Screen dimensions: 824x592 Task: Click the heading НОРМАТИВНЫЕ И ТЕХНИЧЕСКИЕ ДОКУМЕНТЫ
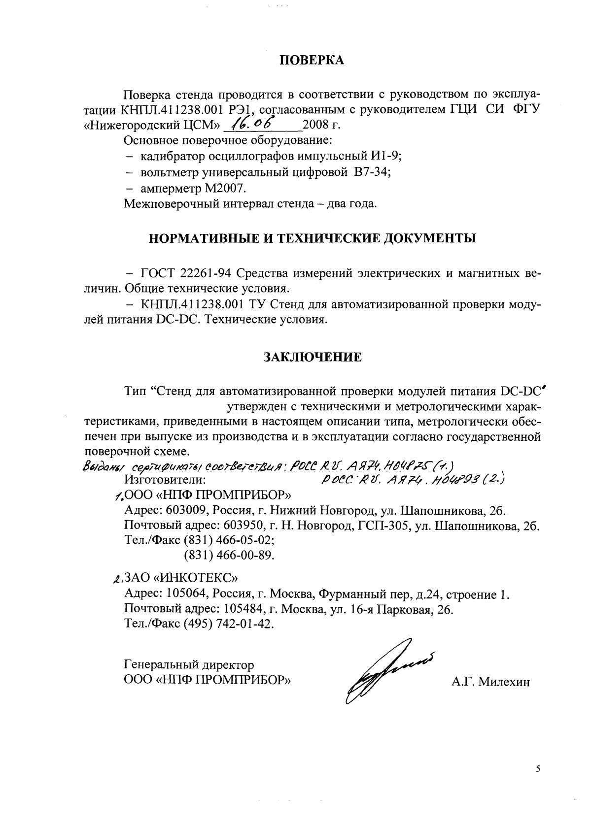[313, 238]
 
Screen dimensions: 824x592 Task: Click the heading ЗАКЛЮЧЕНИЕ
[313, 357]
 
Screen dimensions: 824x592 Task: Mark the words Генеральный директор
[189, 665]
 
